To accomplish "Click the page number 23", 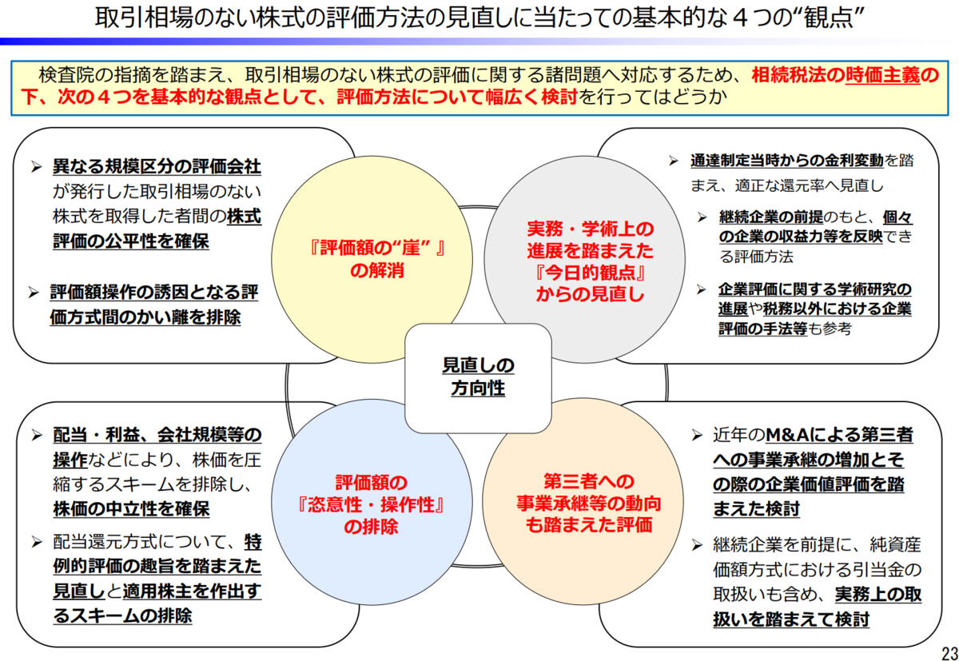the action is click(949, 653).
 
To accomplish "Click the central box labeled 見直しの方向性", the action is click(478, 378).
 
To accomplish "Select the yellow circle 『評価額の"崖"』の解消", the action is click(372, 260).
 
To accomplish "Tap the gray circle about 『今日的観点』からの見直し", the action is click(584, 260).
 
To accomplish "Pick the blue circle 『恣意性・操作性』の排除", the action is click(372, 502).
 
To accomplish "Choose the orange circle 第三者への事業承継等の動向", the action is click(583, 501).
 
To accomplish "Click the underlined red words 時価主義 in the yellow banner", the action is click(882, 75).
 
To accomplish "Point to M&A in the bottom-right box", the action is click(787, 435).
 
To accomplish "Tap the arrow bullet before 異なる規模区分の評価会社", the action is click(37, 167).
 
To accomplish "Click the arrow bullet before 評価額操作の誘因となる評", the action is click(34, 293).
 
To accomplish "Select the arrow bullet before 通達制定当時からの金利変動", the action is click(674, 161).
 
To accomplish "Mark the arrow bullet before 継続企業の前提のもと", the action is click(702, 217).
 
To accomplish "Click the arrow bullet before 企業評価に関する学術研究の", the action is click(702, 290).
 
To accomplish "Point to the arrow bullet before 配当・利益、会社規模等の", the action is click(37, 436).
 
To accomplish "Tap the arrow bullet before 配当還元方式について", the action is click(37, 543).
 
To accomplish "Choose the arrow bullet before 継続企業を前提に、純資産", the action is click(698, 545).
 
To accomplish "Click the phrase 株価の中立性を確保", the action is click(131, 509).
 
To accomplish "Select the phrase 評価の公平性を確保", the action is click(131, 241).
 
